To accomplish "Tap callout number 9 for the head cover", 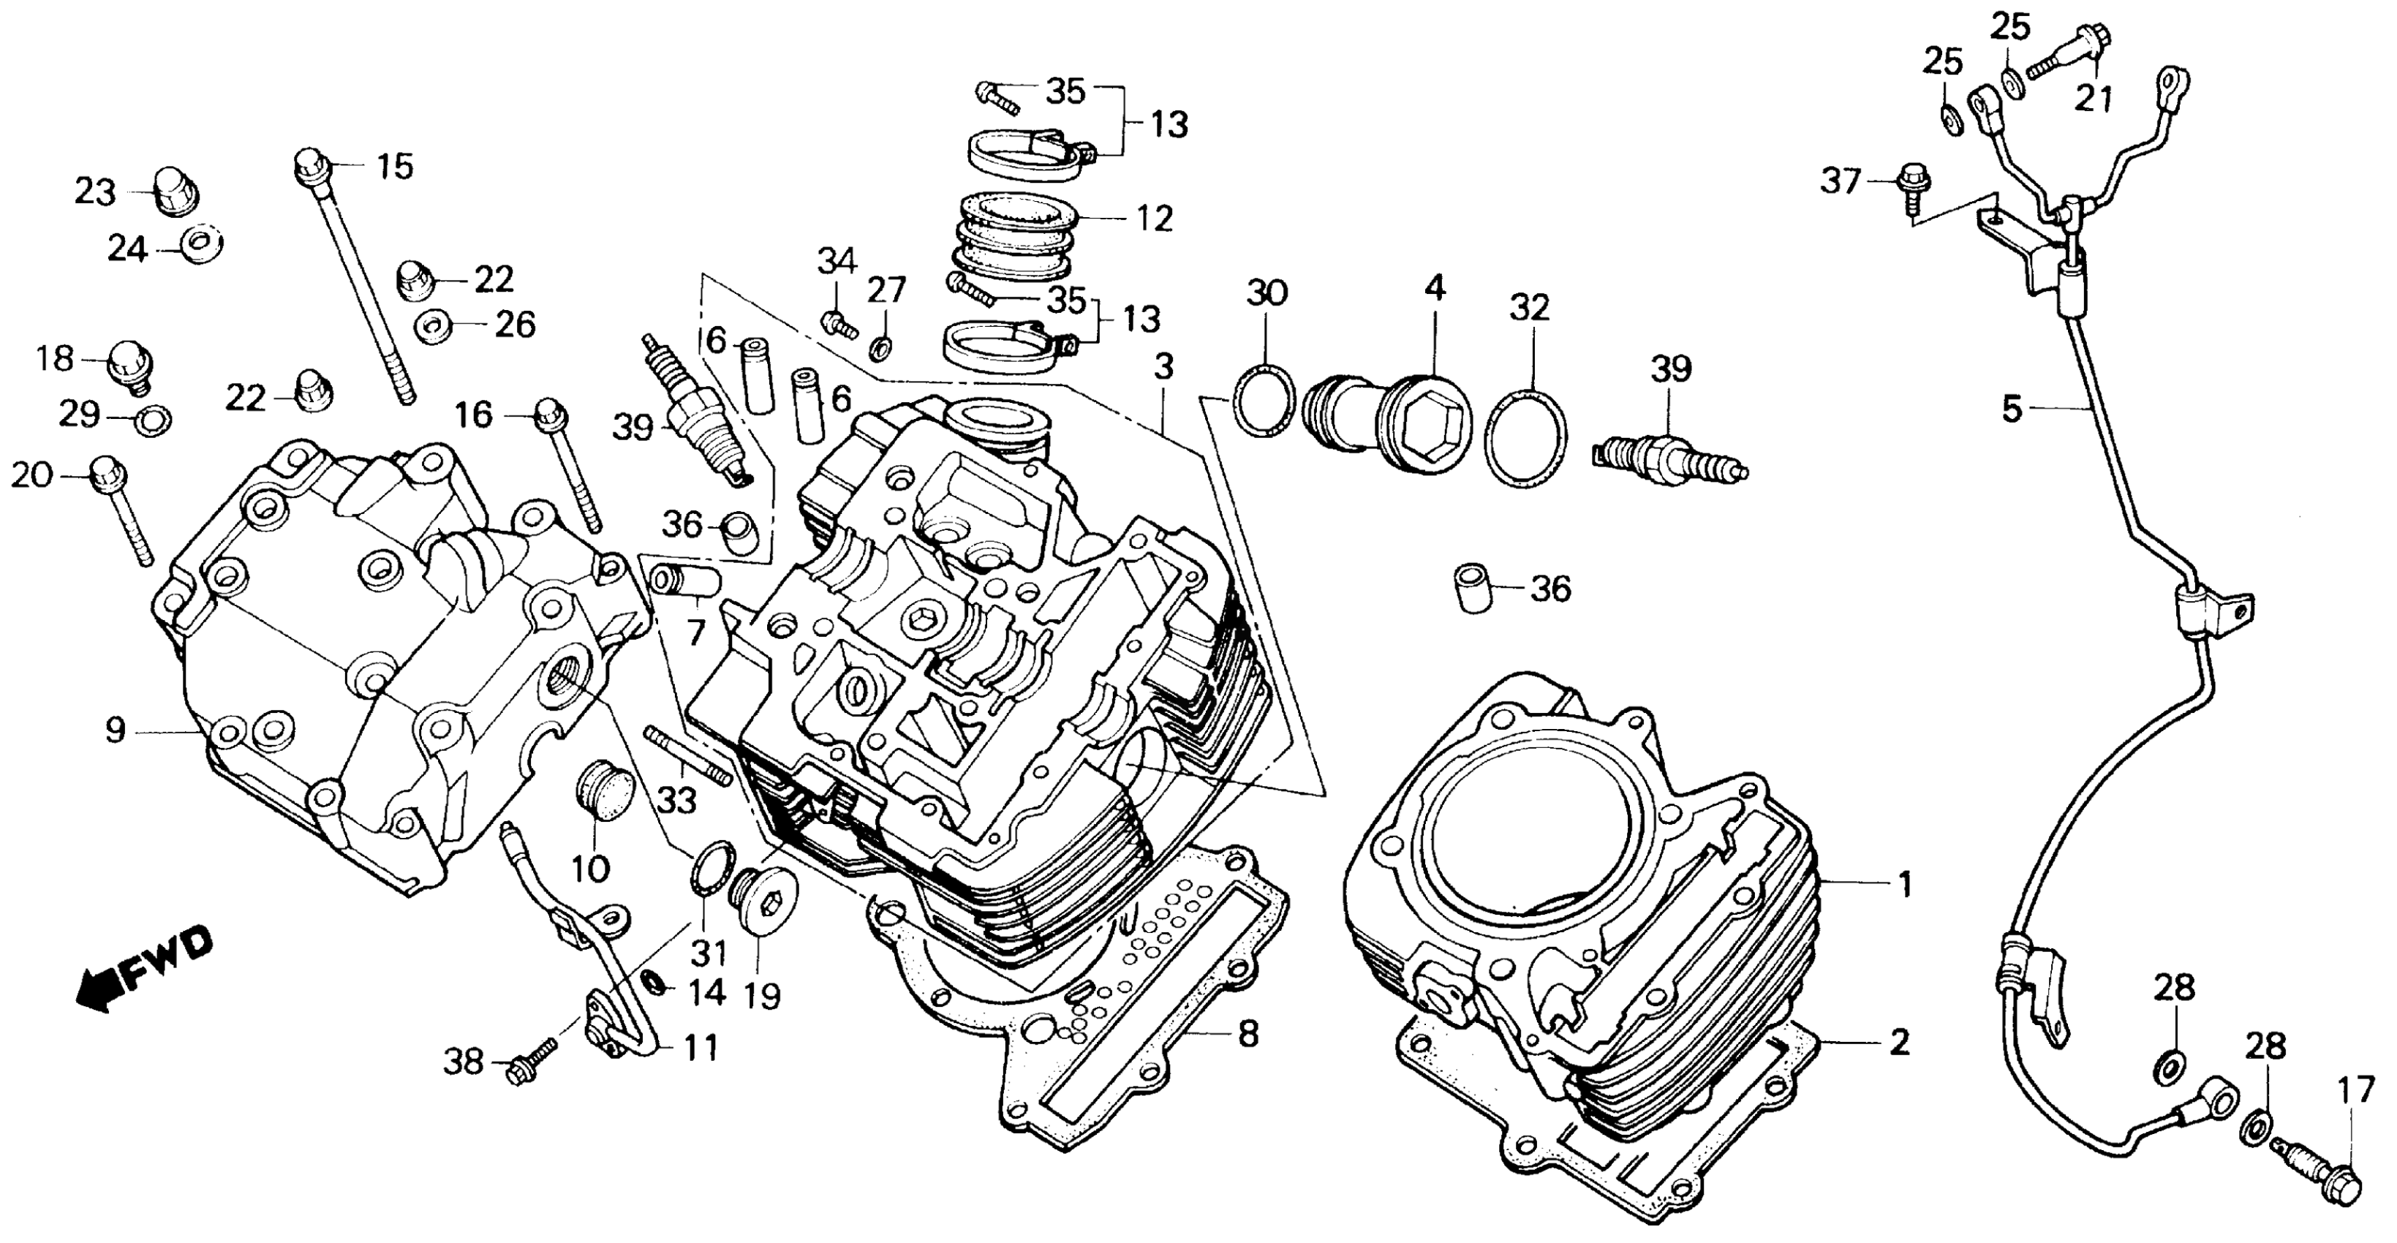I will click(x=115, y=731).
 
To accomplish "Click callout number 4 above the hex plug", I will click(x=1435, y=290).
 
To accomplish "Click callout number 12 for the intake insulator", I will click(x=1154, y=219).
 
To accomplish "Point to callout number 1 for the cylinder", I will click(x=1905, y=885).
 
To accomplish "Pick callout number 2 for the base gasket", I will click(x=1898, y=1043).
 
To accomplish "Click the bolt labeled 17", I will click(x=2326, y=1178).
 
